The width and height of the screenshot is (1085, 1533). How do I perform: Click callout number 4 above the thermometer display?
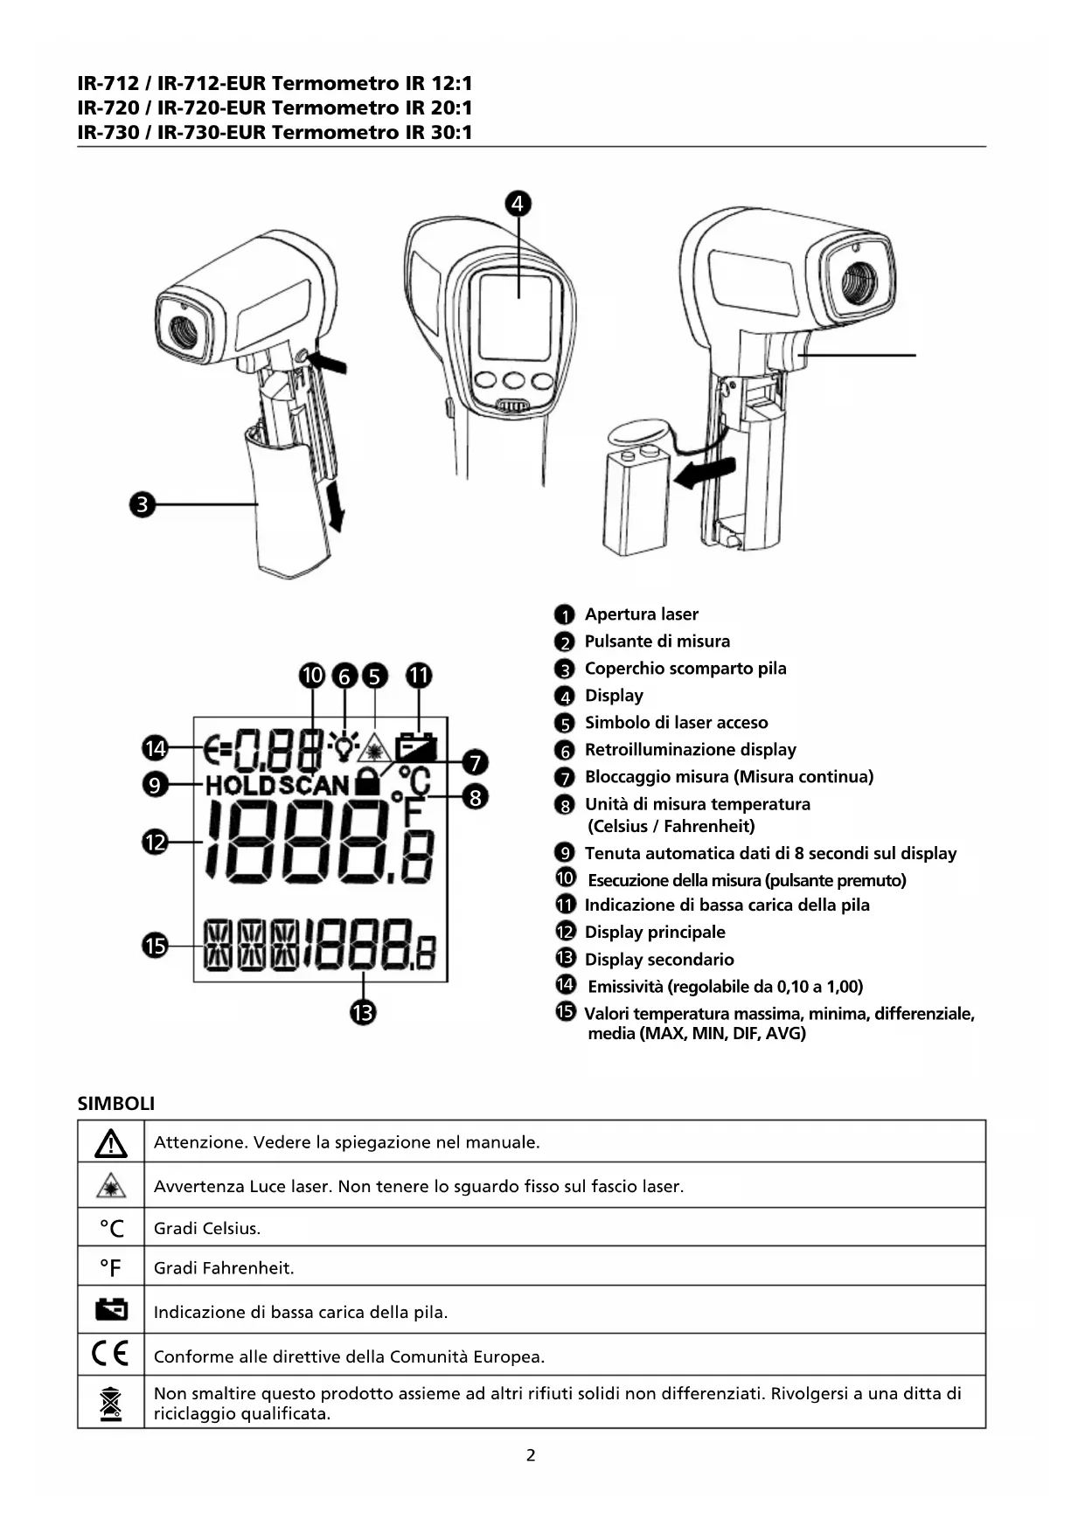click(518, 204)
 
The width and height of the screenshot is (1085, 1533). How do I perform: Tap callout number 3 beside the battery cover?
click(142, 504)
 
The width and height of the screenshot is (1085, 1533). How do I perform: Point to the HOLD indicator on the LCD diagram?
click(240, 785)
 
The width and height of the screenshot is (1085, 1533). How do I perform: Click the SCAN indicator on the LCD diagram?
click(314, 785)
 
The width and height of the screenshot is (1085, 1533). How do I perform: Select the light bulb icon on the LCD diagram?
click(344, 746)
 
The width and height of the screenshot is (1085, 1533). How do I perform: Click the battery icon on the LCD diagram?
click(416, 748)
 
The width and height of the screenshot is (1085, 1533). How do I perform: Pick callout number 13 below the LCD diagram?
click(363, 1012)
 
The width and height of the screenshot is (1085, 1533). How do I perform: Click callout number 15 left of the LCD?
click(155, 945)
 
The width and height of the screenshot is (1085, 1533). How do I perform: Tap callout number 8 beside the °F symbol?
click(475, 796)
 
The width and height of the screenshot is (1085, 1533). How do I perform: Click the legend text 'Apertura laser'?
click(641, 614)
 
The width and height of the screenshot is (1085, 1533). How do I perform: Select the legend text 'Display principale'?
click(655, 933)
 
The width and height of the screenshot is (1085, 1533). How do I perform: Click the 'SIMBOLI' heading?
click(116, 1103)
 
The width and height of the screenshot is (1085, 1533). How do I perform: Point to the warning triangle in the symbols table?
click(111, 1142)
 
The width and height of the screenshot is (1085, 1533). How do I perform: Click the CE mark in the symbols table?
click(110, 1354)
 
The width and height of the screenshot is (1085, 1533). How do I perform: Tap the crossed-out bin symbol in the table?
click(110, 1403)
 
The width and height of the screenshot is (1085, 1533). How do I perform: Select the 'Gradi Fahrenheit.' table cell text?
click(224, 1268)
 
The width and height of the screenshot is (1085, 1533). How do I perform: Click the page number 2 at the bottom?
click(531, 1455)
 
